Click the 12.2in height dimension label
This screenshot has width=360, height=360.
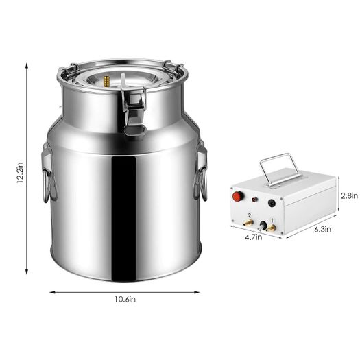(x=19, y=172)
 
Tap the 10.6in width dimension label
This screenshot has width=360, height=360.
(x=125, y=300)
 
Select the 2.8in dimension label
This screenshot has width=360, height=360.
(x=349, y=196)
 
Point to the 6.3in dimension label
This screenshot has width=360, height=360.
(x=322, y=229)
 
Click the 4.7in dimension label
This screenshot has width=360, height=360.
(x=253, y=237)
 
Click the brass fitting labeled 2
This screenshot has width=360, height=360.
(x=248, y=223)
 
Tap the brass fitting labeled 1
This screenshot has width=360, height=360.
(x=271, y=228)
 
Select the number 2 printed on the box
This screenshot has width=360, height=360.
(x=250, y=215)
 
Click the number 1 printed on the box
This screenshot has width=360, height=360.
(x=272, y=220)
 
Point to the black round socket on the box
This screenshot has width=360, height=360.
(x=272, y=203)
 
